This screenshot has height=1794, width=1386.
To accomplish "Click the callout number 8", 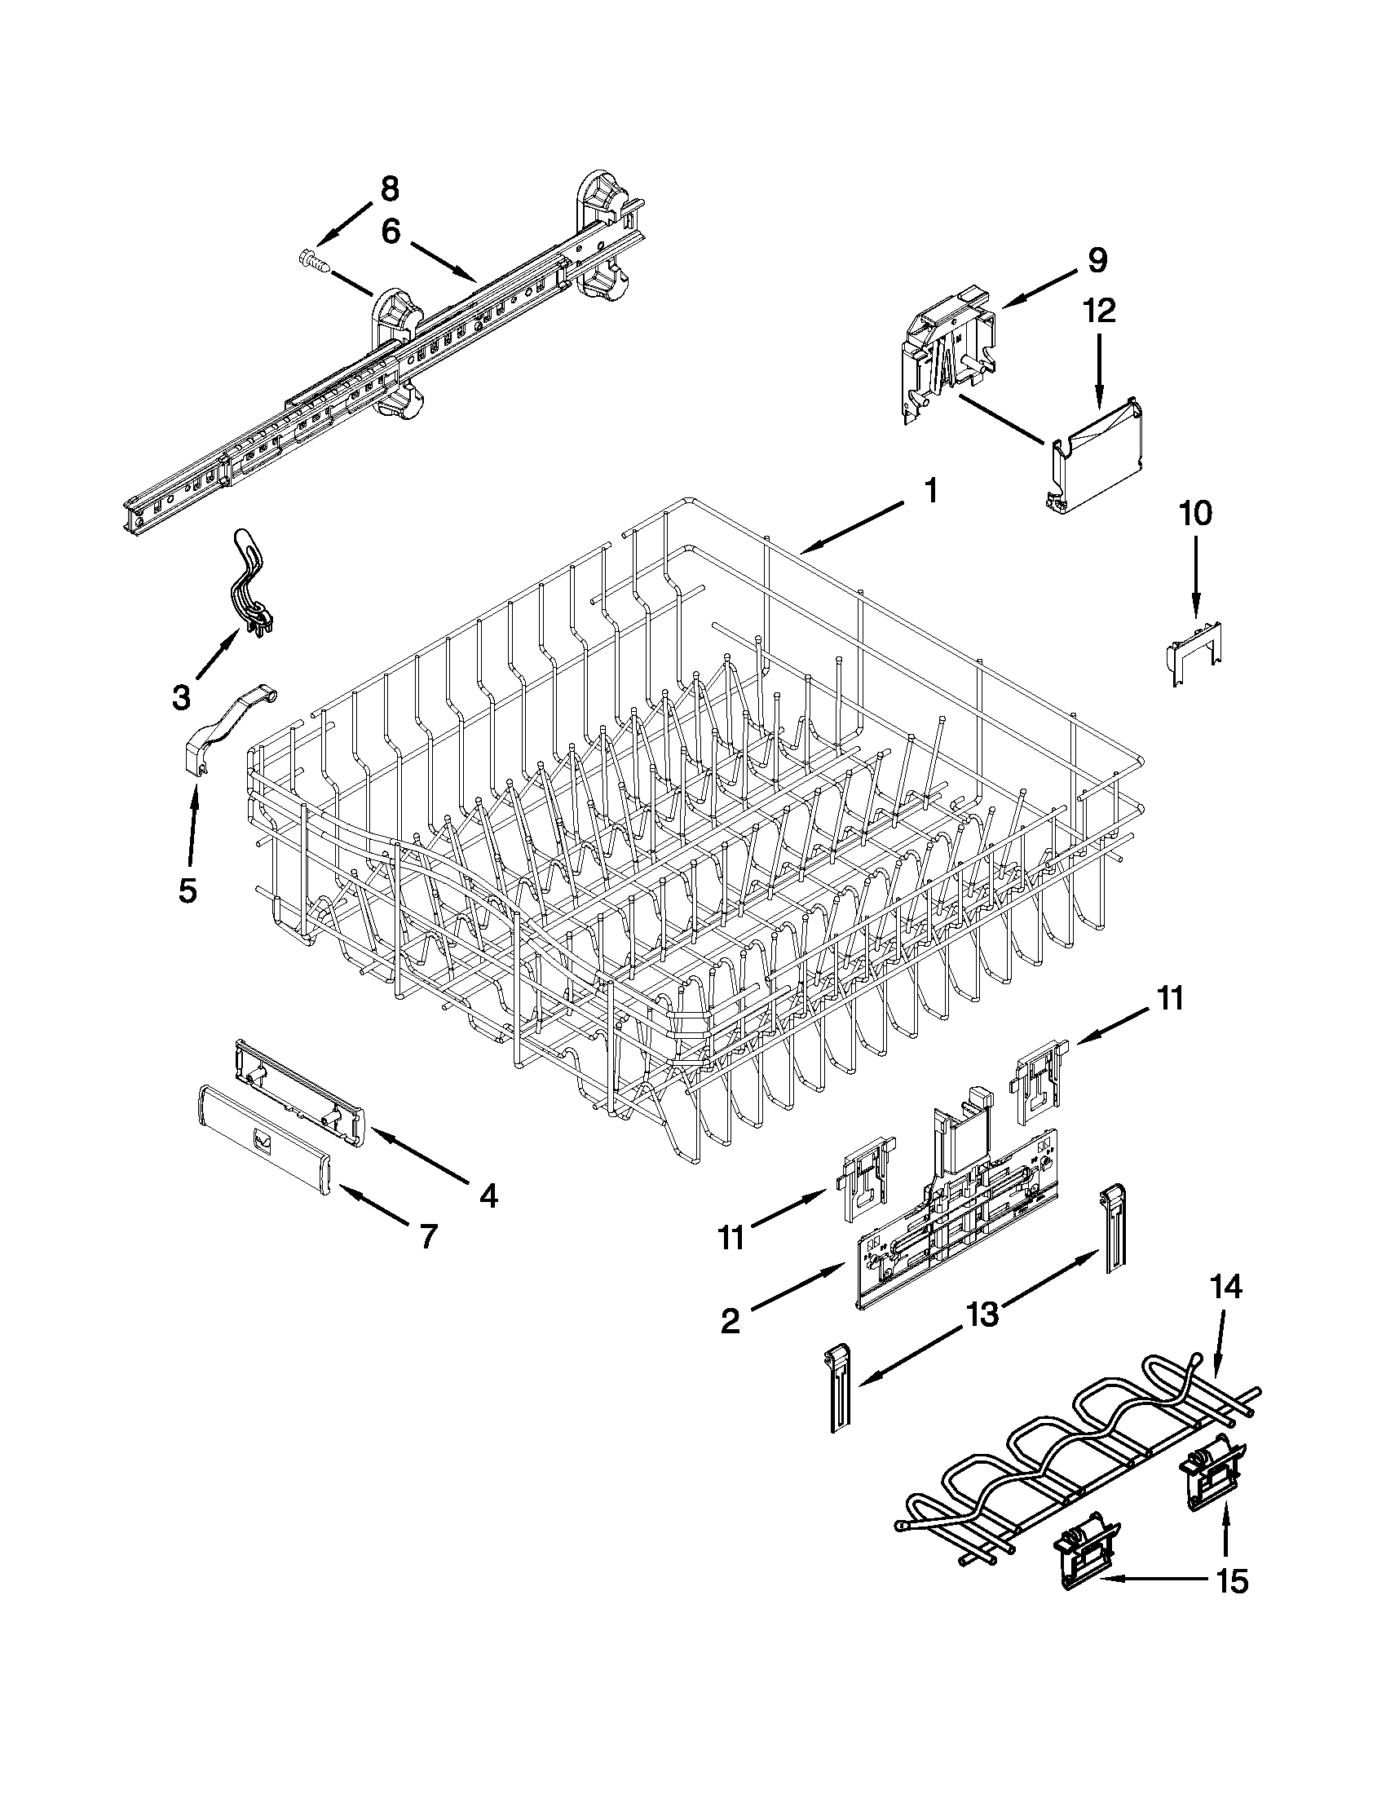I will (389, 190).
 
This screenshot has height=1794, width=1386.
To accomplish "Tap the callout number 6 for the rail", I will (391, 232).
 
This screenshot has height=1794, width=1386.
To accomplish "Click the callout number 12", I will (1100, 312).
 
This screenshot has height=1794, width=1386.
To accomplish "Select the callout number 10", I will (1194, 514).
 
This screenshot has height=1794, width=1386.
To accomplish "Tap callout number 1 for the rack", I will (930, 492).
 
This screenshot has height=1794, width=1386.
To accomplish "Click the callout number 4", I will (488, 1197).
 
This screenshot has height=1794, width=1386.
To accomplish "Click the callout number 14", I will (1224, 1287).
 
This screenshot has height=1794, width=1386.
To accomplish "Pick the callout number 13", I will (982, 1315).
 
